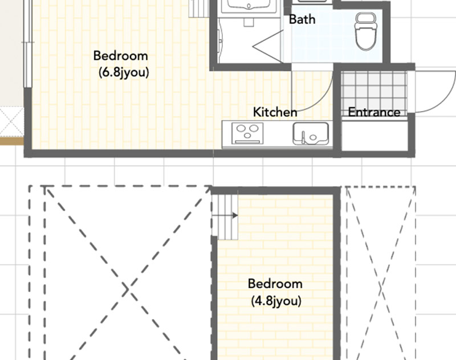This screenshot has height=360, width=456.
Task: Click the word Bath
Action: pyautogui.click(x=302, y=19)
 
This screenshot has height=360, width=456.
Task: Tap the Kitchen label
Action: pyautogui.click(x=275, y=112)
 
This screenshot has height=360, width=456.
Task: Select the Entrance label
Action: pyautogui.click(x=374, y=112)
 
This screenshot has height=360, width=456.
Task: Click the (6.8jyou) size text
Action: pyautogui.click(x=124, y=73)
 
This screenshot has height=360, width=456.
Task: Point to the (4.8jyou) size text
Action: pyautogui.click(x=276, y=301)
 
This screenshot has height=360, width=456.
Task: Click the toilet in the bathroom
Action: pyautogui.click(x=366, y=31)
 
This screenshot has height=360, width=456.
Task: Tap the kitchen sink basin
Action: pyautogui.click(x=311, y=133)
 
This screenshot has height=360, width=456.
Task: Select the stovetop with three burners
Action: pyautogui.click(x=247, y=133)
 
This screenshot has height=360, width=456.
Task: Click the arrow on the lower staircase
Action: pyautogui.click(x=225, y=215)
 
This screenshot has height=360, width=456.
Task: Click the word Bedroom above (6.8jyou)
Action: pyautogui.click(x=120, y=56)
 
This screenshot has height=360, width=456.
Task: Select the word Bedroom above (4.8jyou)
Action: pyautogui.click(x=275, y=284)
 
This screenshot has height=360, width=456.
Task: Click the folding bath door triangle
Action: pyautogui.click(x=267, y=46)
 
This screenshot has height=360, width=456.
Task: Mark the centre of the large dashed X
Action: pyautogui.click(x=127, y=289)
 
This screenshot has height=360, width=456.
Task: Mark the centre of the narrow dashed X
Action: pyautogui.click(x=381, y=288)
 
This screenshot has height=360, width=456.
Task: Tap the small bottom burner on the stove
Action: pyautogui.click(x=247, y=135)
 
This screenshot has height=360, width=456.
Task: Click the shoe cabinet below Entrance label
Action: pyautogui.click(x=374, y=136)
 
